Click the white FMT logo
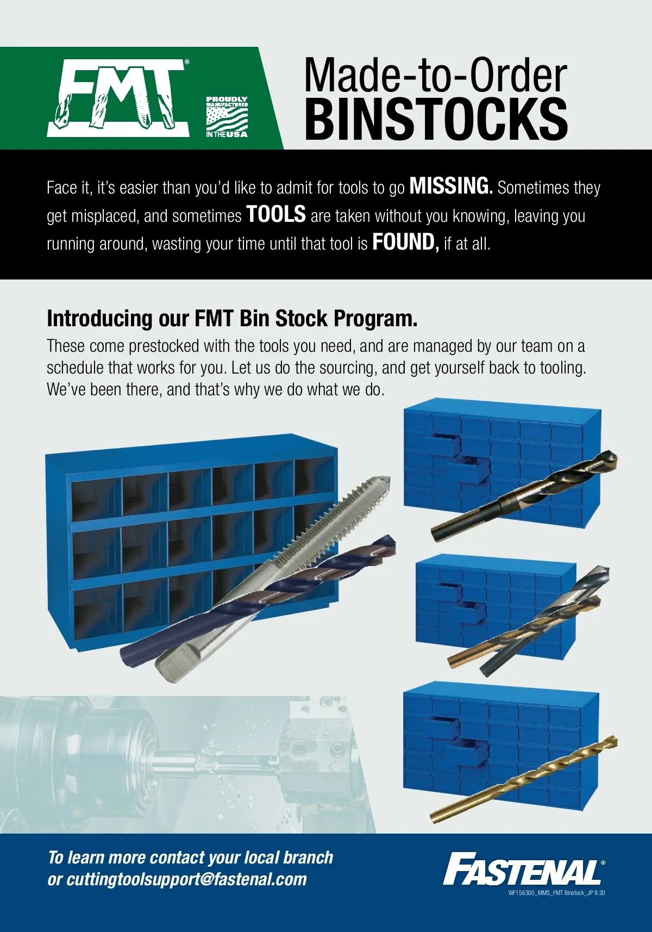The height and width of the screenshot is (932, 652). [118, 98]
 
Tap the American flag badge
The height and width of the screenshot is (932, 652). [227, 117]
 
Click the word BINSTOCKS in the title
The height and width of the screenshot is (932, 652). [436, 119]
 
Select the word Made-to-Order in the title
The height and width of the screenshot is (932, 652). [436, 75]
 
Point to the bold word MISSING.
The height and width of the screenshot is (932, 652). [451, 186]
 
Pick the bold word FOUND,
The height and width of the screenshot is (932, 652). [405, 242]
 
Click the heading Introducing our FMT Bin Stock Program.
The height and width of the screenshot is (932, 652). [232, 319]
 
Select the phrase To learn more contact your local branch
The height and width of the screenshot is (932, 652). [191, 857]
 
